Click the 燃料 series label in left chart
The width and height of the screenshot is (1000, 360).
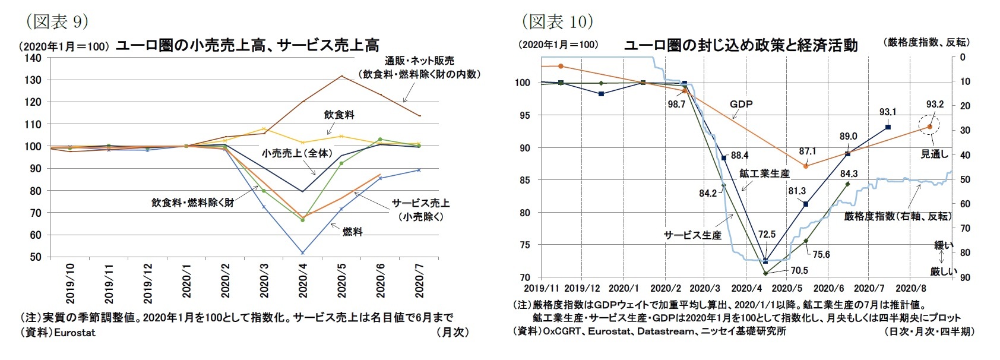(352, 232)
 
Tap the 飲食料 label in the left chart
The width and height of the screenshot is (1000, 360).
(339, 115)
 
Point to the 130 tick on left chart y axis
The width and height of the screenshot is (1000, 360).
(33, 80)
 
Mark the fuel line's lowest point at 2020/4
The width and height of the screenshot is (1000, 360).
(302, 253)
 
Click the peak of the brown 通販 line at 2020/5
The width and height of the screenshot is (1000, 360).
(341, 76)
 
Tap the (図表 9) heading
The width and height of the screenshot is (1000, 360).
(57, 22)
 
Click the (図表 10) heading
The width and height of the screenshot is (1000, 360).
(557, 22)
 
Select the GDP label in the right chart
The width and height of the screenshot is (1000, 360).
(740, 104)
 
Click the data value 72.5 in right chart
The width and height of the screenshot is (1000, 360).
(767, 235)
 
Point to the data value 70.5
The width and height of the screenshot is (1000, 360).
(799, 271)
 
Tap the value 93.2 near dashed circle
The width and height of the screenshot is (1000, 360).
(935, 105)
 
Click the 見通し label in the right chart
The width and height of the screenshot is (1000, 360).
(934, 154)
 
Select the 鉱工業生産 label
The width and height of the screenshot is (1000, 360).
(764, 173)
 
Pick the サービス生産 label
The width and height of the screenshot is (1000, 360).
(692, 235)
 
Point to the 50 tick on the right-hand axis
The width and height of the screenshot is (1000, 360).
(966, 179)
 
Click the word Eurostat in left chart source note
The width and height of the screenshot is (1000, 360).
(75, 333)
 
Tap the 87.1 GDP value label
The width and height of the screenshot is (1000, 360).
(808, 151)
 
